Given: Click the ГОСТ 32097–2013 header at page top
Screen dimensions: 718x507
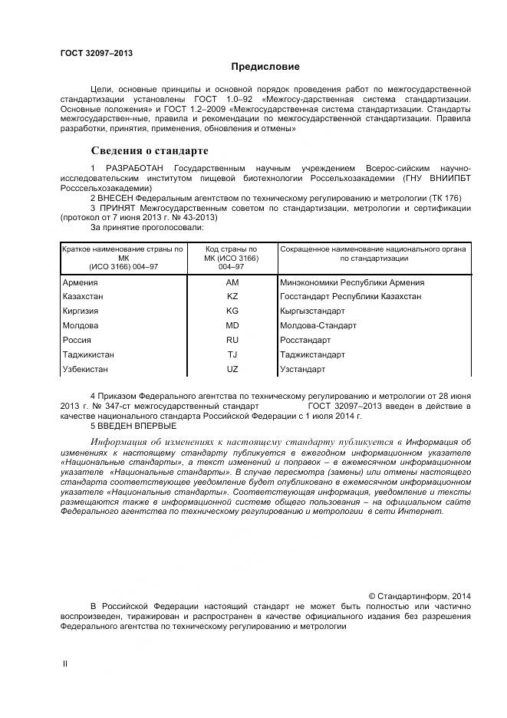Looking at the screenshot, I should pyautogui.click(x=97, y=53).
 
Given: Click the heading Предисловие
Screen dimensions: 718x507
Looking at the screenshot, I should pyautogui.click(x=265, y=68).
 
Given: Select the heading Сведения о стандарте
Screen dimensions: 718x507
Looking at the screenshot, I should pyautogui.click(x=150, y=150).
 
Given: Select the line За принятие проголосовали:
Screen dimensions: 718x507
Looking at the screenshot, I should pyautogui.click(x=147, y=227).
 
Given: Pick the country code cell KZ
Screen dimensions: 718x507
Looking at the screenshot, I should pyautogui.click(x=232, y=296).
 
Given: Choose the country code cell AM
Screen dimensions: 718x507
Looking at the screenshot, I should pyautogui.click(x=232, y=282).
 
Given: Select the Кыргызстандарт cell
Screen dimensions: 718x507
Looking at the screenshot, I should pyautogui.click(x=313, y=311).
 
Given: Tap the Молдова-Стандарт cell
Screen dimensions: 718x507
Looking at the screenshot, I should pyautogui.click(x=318, y=325).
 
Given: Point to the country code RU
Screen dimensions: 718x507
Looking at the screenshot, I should pyautogui.click(x=232, y=340).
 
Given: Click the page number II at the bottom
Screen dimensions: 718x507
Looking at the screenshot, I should pyautogui.click(x=64, y=664).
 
